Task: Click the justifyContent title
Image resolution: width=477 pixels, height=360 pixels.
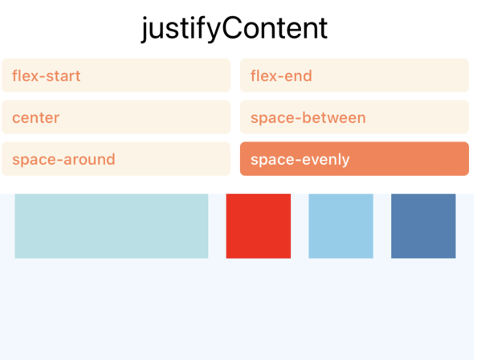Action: click(x=234, y=29)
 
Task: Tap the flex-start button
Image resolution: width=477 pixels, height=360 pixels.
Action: click(x=116, y=76)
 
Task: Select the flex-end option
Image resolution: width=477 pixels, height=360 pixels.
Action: click(x=354, y=76)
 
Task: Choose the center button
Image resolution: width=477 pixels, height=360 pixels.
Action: click(x=116, y=117)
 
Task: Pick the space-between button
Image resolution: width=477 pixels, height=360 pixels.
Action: click(x=354, y=117)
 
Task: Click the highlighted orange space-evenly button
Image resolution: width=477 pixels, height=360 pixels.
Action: click(x=354, y=159)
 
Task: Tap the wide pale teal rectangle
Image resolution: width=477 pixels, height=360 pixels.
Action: click(x=112, y=226)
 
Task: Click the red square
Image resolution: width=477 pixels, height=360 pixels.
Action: click(x=259, y=226)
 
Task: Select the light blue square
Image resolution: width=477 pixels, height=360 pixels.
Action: click(x=340, y=226)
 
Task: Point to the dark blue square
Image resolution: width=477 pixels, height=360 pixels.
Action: click(x=423, y=226)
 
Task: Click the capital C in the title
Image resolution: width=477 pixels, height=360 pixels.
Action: click(x=234, y=29)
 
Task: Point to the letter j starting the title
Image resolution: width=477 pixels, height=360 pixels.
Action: click(x=145, y=30)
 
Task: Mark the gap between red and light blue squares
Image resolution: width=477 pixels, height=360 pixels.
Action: click(x=300, y=226)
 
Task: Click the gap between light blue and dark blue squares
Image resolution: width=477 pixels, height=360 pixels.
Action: click(x=382, y=226)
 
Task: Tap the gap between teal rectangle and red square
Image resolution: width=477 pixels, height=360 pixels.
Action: click(x=217, y=226)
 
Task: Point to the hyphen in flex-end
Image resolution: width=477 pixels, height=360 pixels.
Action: click(x=279, y=76)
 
